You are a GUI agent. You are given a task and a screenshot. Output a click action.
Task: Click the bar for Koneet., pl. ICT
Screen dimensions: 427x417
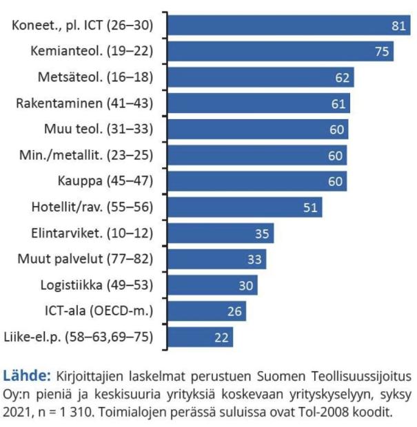[x=289, y=25]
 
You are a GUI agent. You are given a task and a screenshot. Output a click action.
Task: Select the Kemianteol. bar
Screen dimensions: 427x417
[x=281, y=51]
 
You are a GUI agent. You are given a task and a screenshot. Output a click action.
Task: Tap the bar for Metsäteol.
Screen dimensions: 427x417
[x=261, y=77]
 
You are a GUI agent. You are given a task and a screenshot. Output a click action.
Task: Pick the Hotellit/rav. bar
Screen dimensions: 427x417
[x=245, y=207]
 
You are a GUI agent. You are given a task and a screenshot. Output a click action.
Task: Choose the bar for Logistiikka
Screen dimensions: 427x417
[x=213, y=285]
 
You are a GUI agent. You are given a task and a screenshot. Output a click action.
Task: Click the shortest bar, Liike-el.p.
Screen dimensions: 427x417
[x=201, y=337]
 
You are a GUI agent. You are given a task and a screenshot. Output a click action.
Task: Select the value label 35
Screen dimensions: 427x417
[x=262, y=233]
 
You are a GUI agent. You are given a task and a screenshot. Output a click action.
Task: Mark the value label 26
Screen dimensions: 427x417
[x=234, y=311]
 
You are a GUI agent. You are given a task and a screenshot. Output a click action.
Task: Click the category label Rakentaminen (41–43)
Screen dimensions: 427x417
[x=84, y=103]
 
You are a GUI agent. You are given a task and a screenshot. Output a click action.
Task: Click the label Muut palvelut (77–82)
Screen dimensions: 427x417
[x=85, y=259]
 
